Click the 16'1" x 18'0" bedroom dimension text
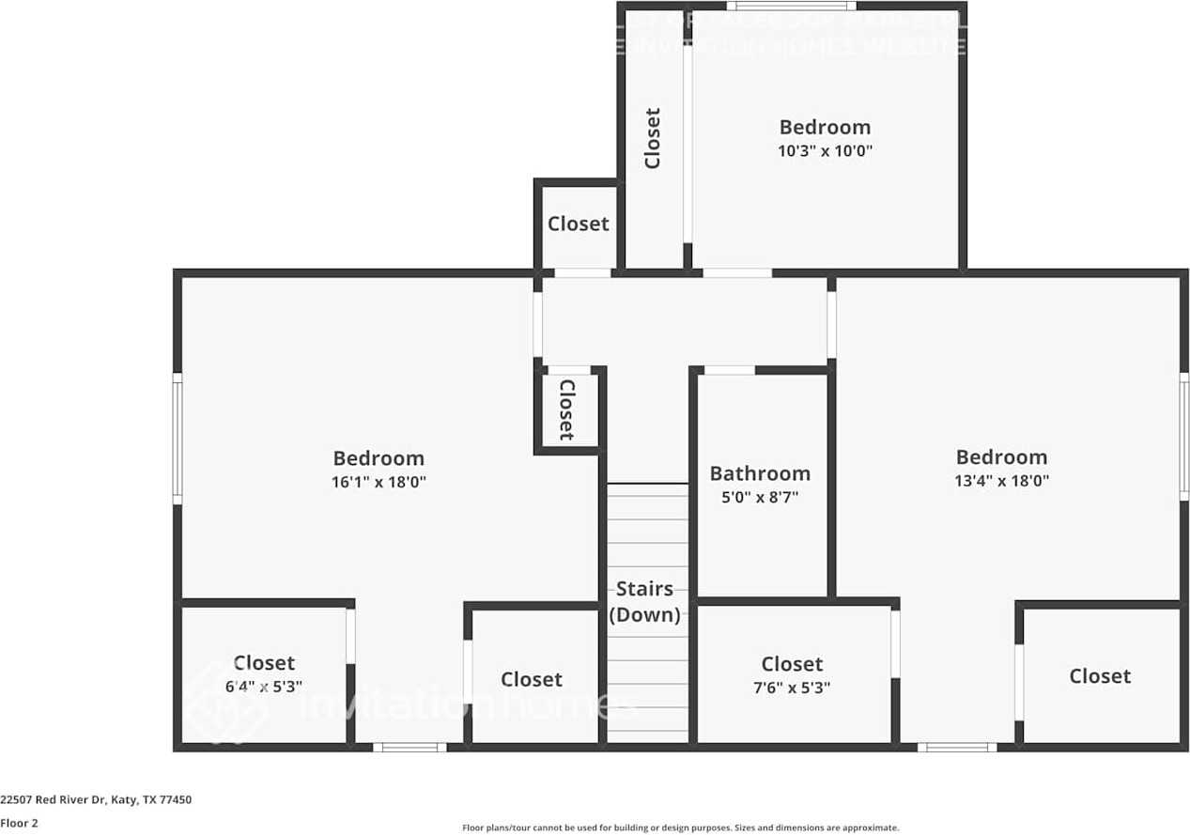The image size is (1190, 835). pyautogui.click(x=379, y=482)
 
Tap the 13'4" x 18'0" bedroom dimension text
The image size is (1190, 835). pyautogui.click(x=1001, y=481)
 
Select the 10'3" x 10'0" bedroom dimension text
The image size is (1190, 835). pyautogui.click(x=825, y=150)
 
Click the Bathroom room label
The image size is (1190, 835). pyautogui.click(x=760, y=473)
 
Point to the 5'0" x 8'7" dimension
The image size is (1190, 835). pyautogui.click(x=760, y=498)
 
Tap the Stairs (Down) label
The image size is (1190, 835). pyautogui.click(x=644, y=602)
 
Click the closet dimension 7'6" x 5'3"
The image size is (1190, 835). pyautogui.click(x=792, y=688)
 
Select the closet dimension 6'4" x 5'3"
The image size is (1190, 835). pyautogui.click(x=264, y=687)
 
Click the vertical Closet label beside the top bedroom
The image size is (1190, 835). pyautogui.click(x=653, y=138)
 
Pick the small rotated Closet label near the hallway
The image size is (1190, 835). pyautogui.click(x=567, y=410)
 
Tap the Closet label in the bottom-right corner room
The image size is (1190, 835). pyautogui.click(x=1100, y=676)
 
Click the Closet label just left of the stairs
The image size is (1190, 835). pyautogui.click(x=532, y=679)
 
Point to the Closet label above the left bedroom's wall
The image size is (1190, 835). pyautogui.click(x=579, y=224)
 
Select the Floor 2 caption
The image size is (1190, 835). pyautogui.click(x=19, y=823)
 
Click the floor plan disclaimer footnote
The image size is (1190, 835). pyautogui.click(x=680, y=827)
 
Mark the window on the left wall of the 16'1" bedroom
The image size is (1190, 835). pyautogui.click(x=177, y=439)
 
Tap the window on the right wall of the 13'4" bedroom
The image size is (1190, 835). pyautogui.click(x=1184, y=436)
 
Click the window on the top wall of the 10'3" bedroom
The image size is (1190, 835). pyautogui.click(x=791, y=6)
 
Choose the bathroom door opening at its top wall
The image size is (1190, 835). pyautogui.click(x=729, y=370)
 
